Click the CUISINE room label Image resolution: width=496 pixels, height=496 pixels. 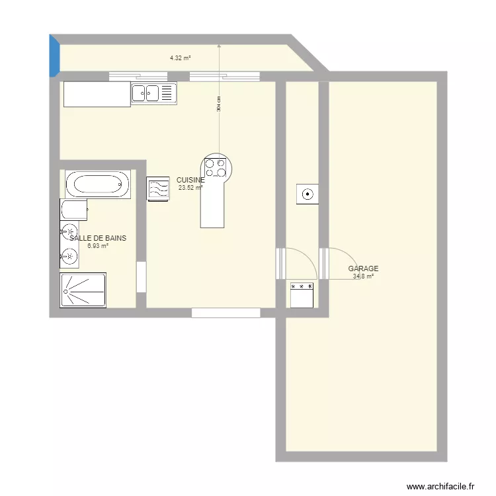pyautogui.click(x=190, y=180)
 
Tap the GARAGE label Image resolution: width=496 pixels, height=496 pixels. pyautogui.click(x=363, y=269)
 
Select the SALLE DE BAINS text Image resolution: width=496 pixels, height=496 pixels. pyautogui.click(x=98, y=238)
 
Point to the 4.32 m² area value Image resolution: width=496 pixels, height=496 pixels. pyautogui.click(x=180, y=58)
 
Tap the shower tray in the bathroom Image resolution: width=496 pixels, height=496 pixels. pyautogui.click(x=83, y=290)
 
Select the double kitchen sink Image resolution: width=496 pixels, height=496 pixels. pyautogui.click(x=153, y=93)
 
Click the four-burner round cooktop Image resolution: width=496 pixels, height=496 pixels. pyautogui.click(x=216, y=167)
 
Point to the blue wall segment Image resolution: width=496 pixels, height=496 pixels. pyautogui.click(x=55, y=56)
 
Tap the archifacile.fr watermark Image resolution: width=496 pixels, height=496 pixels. pyautogui.click(x=440, y=485)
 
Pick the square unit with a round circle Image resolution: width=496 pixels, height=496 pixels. pyautogui.click(x=308, y=194)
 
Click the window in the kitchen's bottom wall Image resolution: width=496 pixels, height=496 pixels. pyautogui.click(x=226, y=313)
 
